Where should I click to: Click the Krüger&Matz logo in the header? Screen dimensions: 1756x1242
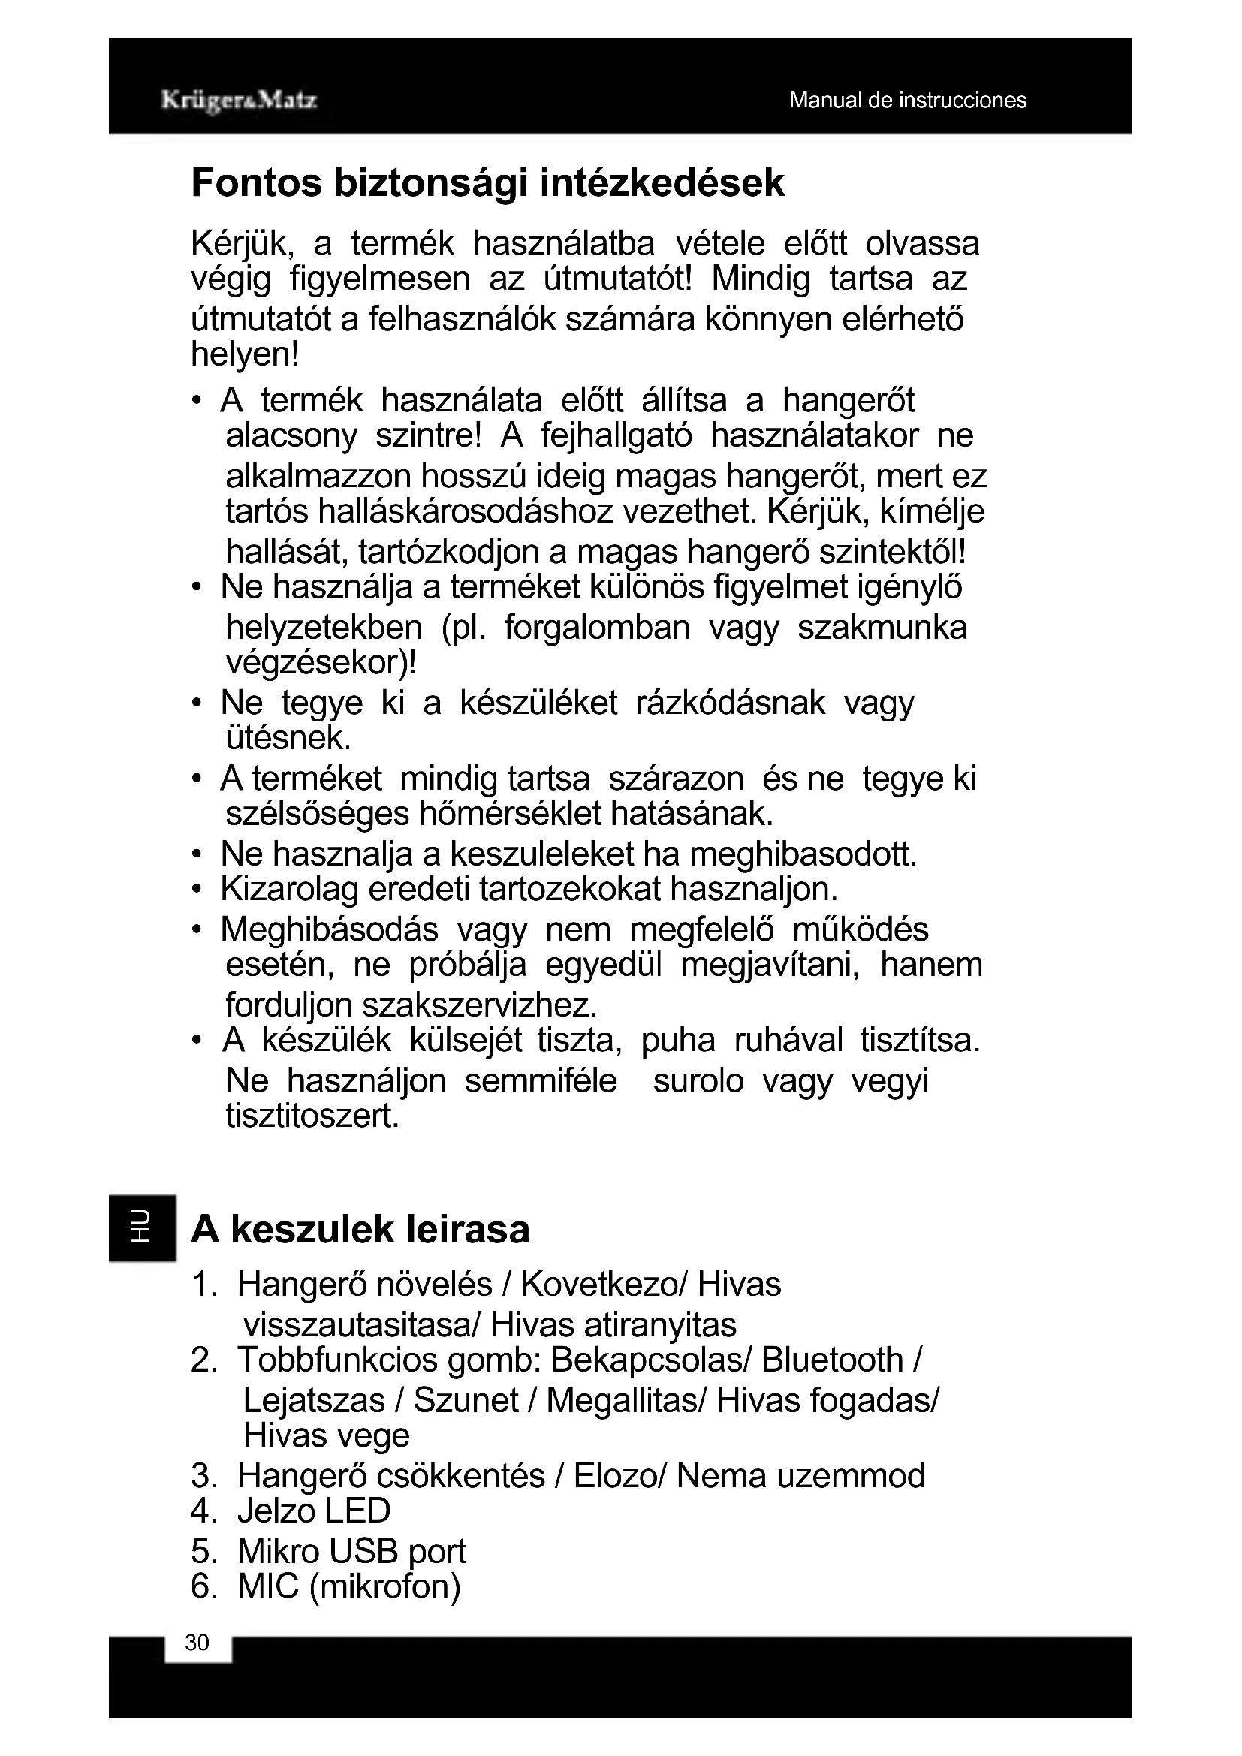tap(239, 100)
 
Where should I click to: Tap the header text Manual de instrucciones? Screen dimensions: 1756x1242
tap(907, 100)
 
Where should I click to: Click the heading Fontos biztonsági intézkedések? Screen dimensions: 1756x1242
tap(487, 182)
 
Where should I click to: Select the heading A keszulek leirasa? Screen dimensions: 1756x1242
tap(360, 1230)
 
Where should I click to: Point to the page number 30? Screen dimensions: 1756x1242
tap(197, 1643)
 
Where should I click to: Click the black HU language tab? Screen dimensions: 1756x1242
tap(141, 1227)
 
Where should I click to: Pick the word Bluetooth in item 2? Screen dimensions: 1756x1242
tap(833, 1360)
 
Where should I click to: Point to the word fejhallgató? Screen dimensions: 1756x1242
tap(616, 436)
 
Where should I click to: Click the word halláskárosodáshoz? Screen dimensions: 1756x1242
tap(465, 511)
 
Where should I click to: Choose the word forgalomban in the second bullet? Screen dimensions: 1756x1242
tap(596, 627)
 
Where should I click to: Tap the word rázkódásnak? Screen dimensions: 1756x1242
tap(731, 702)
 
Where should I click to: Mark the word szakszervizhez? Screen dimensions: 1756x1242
tap(479, 1005)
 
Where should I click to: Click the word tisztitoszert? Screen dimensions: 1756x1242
tap(312, 1116)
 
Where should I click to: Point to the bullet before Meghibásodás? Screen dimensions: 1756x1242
tap(197, 930)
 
